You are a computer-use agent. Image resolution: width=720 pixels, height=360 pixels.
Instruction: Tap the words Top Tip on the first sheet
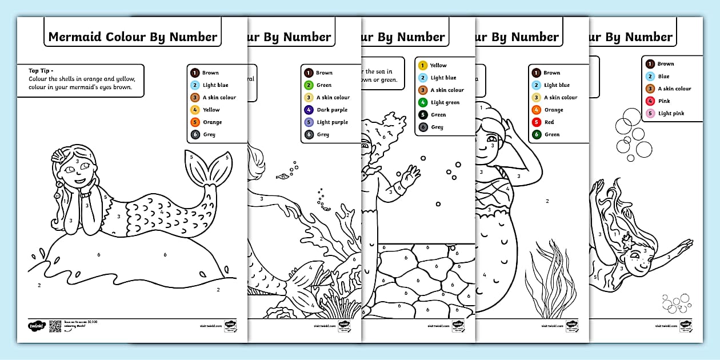pos(41,71)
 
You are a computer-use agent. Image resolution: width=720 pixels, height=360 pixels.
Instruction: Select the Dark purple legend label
pos(332,110)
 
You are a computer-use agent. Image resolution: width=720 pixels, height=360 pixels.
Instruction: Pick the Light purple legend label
pos(332,122)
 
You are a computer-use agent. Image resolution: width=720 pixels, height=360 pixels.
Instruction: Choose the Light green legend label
pos(445,102)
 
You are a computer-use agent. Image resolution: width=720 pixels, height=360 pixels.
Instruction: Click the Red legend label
pos(549,122)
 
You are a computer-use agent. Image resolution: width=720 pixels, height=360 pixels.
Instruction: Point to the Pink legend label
pos(664,101)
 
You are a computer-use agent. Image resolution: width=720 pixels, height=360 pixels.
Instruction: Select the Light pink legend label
pos(671,113)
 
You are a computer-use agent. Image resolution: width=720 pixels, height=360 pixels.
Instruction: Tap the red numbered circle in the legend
pos(536,122)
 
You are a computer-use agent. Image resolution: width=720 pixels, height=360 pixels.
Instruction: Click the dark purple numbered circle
pos(309,110)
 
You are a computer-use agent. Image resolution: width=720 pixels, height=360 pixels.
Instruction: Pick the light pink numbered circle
pos(650,113)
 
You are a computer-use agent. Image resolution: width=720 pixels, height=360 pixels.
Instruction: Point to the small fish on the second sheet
pos(281,177)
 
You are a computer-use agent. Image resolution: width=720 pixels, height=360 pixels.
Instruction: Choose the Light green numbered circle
pos(423,102)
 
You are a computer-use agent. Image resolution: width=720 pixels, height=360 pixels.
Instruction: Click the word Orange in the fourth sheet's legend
pos(553,110)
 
